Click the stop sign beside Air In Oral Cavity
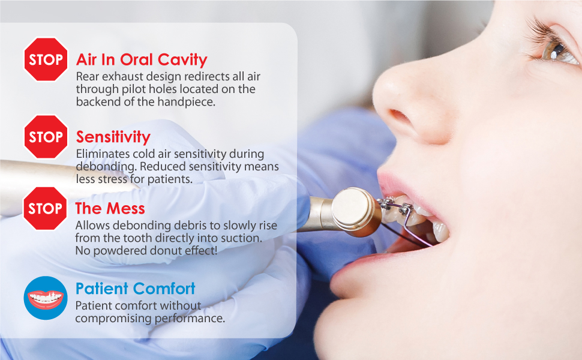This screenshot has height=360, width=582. [x=46, y=59]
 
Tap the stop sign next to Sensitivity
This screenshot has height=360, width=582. [x=46, y=137]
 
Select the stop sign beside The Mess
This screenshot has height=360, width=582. [x=45, y=208]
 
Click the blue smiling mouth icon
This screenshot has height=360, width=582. [x=46, y=298]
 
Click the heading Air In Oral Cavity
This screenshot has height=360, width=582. [x=142, y=59]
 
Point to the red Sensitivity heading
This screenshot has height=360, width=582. [x=113, y=137]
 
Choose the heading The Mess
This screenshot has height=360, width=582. [x=110, y=209]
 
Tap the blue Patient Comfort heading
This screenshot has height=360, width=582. [x=135, y=289]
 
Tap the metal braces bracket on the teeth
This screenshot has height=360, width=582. [x=406, y=209]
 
